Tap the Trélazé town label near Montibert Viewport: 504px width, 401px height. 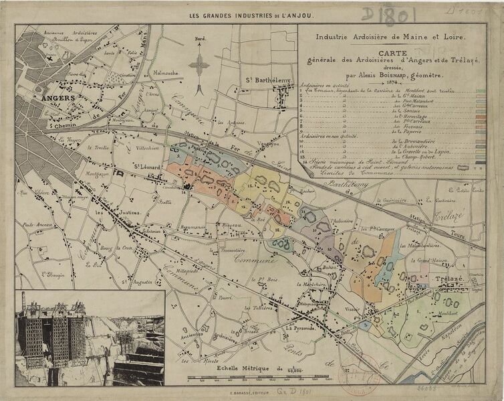coord(450,278)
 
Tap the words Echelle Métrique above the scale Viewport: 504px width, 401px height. coord(243,369)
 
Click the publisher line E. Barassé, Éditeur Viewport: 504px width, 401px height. coord(251,392)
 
